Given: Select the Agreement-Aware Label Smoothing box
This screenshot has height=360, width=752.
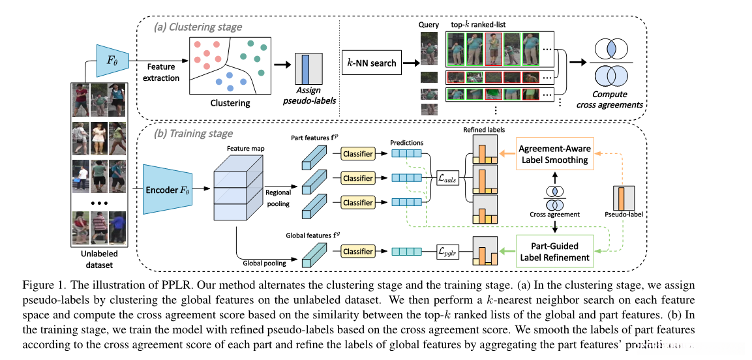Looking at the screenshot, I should (555, 153).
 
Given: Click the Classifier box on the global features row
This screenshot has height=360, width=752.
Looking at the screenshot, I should (358, 251).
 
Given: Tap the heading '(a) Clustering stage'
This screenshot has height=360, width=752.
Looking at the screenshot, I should (198, 27).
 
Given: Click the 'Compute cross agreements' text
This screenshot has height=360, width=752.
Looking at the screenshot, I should (614, 99).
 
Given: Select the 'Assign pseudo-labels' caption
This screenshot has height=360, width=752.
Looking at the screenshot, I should (305, 97).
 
